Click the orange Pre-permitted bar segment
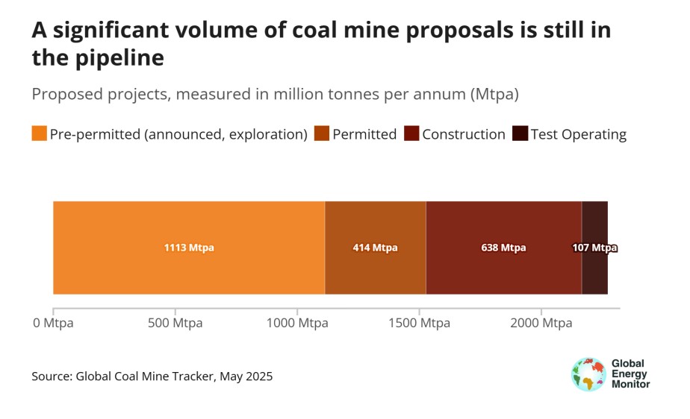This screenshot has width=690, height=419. [188, 224]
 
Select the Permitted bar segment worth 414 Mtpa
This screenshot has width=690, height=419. [375, 224]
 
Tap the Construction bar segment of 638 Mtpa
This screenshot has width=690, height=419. [503, 224]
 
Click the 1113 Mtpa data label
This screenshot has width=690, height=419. [189, 248]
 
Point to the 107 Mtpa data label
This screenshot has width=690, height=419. [594, 248]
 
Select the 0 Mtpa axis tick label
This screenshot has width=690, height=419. [53, 324]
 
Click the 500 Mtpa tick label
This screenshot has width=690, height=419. [175, 324]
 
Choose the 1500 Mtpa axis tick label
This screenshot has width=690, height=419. [419, 324]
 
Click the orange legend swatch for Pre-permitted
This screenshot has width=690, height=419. [40, 134]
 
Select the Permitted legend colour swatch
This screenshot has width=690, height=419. [322, 134]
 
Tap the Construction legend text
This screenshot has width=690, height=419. [464, 134]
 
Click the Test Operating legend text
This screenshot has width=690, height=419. [578, 134]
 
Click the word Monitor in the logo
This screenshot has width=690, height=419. [630, 385]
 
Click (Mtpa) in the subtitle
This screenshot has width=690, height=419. [494, 95]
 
